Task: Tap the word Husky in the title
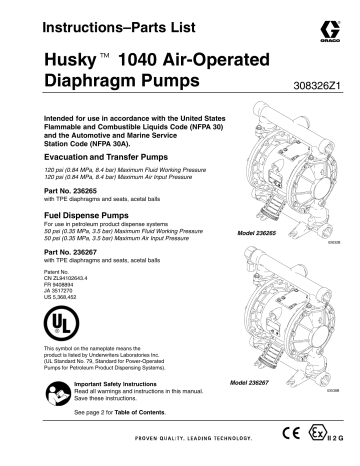click(x=71, y=60)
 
